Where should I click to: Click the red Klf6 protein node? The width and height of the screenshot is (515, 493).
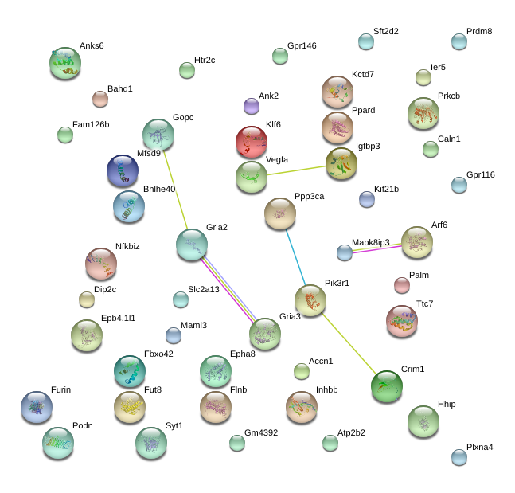point(252,142)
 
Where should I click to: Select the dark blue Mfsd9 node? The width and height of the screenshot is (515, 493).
point(123,170)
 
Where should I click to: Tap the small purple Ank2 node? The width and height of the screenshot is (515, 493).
point(252,106)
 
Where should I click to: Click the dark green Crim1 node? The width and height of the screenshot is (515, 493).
point(387,386)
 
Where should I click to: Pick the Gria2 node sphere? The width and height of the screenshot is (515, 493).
point(192,245)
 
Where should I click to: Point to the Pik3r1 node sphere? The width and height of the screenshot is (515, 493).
point(310,300)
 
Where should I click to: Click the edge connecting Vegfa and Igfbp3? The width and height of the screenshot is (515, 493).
point(296,170)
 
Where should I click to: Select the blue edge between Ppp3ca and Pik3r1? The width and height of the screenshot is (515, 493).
point(295,257)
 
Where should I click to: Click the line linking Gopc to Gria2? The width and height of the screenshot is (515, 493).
point(175,190)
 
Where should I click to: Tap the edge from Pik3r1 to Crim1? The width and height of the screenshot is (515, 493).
point(349,344)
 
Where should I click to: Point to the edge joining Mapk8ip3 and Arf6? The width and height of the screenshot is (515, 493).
point(376,248)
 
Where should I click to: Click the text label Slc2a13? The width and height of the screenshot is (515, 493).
point(203,289)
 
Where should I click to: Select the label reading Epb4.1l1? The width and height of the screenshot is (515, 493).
point(119,318)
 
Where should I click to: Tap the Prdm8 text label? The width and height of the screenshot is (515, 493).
point(479,31)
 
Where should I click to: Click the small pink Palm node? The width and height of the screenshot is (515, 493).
point(402,285)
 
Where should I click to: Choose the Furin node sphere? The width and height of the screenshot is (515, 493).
point(37,407)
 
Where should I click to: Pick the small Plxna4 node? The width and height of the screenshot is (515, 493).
point(459,457)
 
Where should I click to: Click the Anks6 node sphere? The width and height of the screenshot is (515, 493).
point(65,63)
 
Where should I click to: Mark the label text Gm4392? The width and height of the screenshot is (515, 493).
point(261,432)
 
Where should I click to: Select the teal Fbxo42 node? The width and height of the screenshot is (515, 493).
point(130,371)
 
